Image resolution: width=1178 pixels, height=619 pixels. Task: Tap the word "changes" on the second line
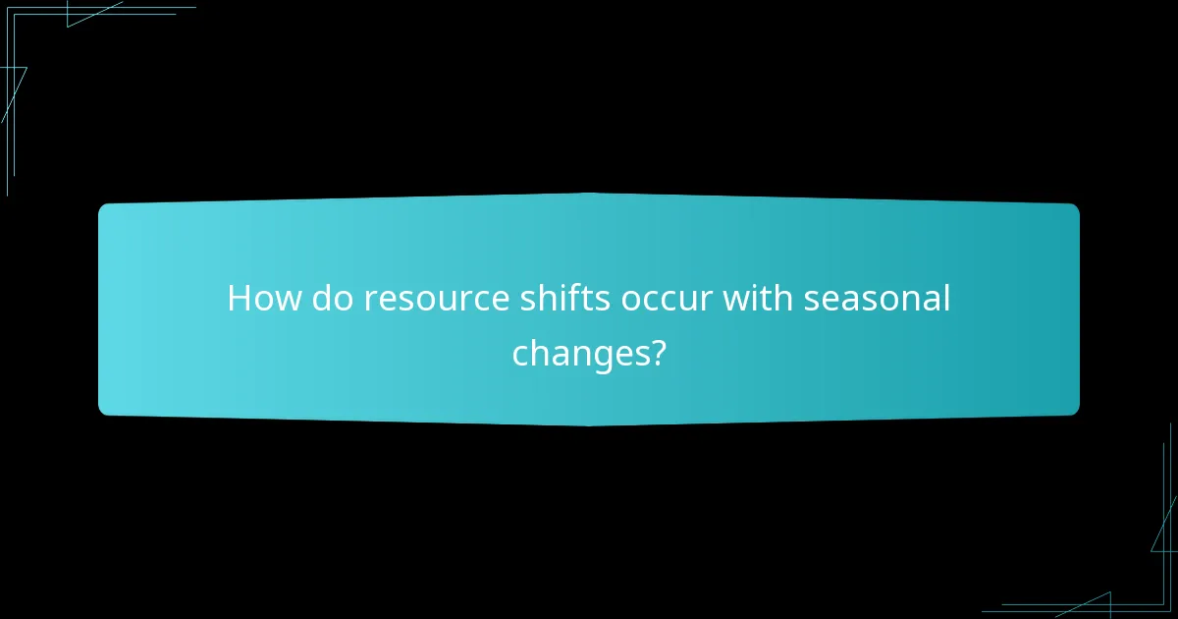click(x=577, y=353)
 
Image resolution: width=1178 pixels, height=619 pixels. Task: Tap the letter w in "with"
click(x=736, y=299)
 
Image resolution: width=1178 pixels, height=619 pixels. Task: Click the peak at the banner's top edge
click(x=589, y=195)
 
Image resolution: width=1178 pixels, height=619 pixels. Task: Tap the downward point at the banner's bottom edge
click(x=589, y=424)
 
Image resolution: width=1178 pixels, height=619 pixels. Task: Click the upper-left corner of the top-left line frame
click(x=8, y=7)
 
